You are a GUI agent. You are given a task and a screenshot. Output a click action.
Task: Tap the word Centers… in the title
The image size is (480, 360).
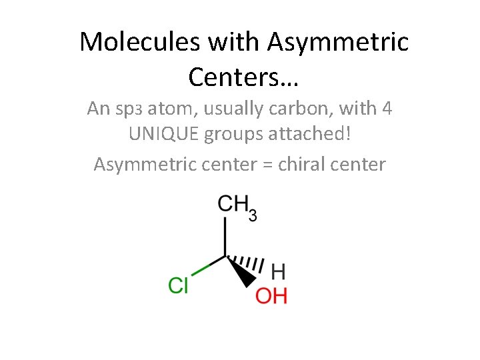[243, 77]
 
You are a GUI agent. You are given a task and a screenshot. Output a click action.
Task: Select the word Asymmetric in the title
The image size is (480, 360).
[337, 42]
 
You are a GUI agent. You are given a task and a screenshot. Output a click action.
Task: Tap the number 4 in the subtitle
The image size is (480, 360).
[386, 108]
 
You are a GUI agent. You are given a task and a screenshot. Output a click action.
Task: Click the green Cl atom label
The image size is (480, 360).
[179, 286]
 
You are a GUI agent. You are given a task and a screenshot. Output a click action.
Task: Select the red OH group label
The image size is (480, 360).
[271, 295]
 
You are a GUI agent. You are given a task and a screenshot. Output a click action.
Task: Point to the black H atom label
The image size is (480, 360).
[279, 271]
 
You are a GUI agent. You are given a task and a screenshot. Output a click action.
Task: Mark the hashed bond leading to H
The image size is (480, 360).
[248, 263]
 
